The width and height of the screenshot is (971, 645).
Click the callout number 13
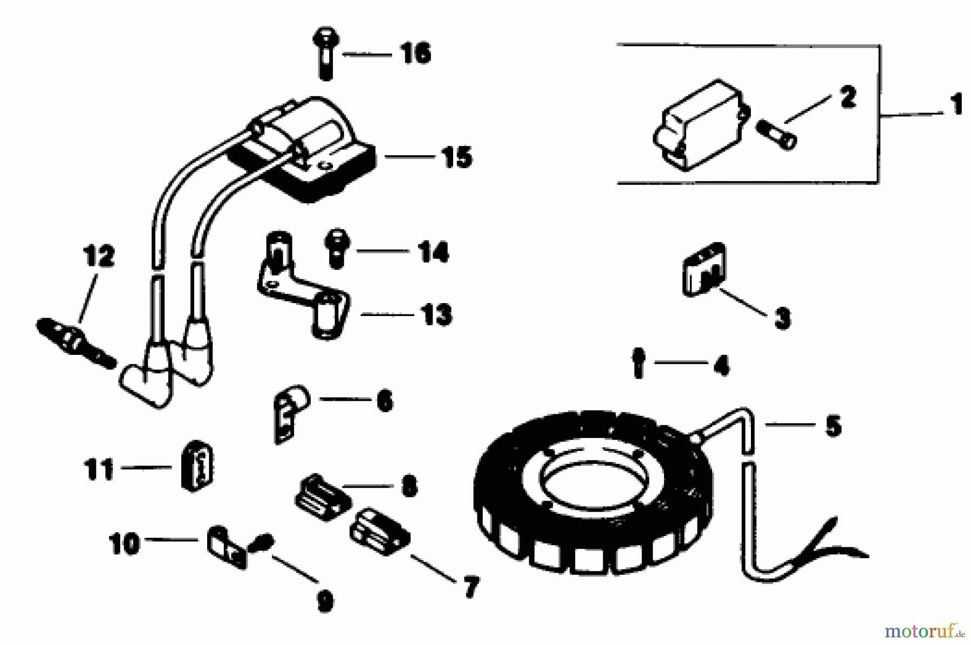[436, 314]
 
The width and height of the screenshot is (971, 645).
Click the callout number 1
[956, 105]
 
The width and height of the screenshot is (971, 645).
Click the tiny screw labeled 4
[639, 363]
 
